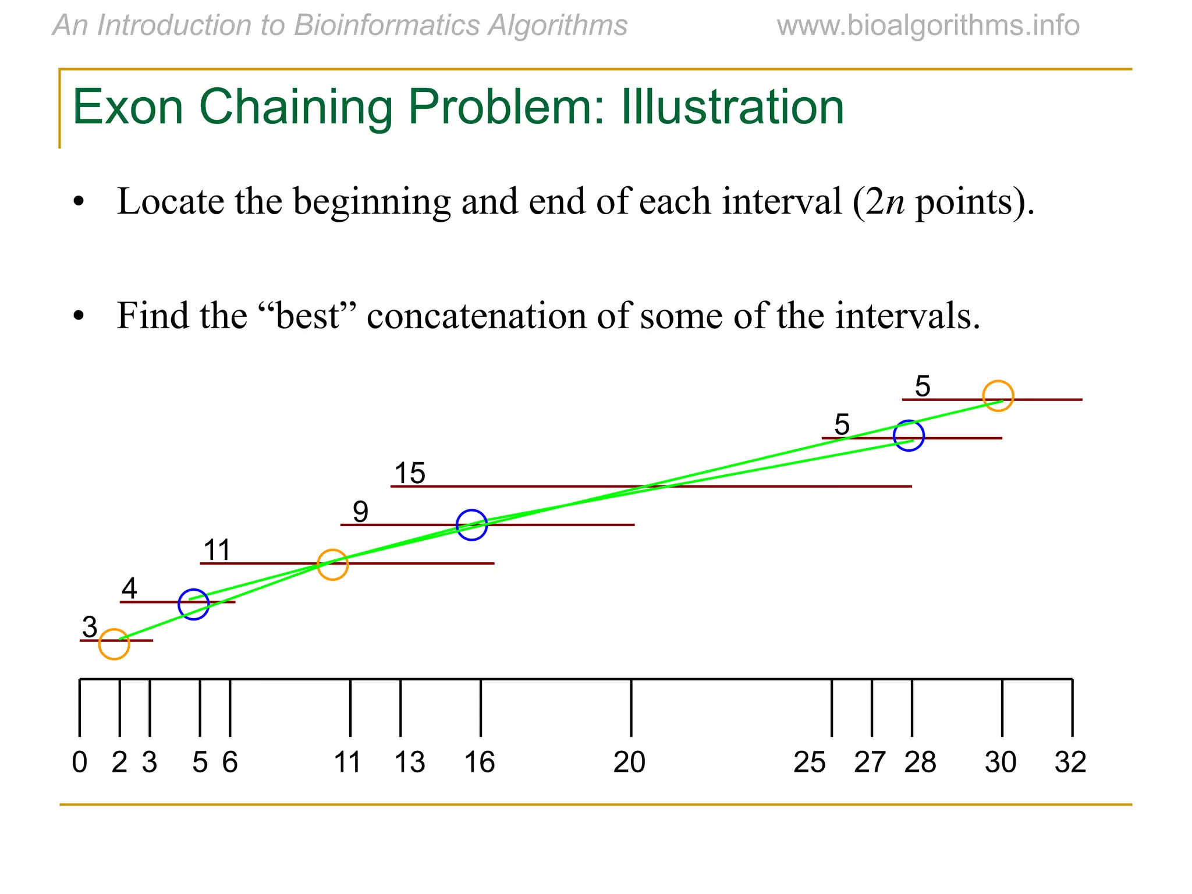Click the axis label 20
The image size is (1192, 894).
point(629,762)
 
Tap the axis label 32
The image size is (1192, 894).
point(1070,762)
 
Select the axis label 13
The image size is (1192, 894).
point(410,762)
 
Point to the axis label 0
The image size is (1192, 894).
point(80,762)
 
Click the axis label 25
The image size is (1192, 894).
point(810,762)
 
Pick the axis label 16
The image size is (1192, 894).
point(480,762)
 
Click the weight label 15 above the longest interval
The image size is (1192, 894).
point(410,473)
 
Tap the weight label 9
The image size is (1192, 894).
point(360,512)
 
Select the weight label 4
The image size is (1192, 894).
point(129,588)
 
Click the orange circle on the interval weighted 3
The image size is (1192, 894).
point(114,644)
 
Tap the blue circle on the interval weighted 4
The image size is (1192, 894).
point(194,604)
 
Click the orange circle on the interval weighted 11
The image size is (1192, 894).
point(333,565)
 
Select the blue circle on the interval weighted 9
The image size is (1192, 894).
point(471,525)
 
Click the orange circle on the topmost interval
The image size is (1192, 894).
point(998,396)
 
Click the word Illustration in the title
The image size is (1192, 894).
point(732,107)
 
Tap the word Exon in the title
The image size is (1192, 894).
point(128,107)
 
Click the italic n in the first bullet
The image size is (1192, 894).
point(895,203)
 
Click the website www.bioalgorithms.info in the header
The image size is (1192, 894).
point(928,26)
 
